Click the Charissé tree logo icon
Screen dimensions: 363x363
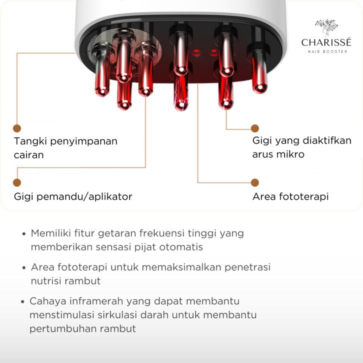click(326, 28)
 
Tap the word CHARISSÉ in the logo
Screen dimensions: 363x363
click(326, 43)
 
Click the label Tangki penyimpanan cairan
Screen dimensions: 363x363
click(65, 147)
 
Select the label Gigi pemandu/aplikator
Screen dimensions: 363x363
click(73, 196)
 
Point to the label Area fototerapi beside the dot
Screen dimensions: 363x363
click(290, 196)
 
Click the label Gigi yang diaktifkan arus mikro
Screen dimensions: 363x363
click(301, 147)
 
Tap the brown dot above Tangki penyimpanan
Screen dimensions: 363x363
click(17, 128)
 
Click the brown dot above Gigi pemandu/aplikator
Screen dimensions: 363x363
click(17, 183)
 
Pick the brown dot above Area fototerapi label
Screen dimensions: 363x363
click(255, 182)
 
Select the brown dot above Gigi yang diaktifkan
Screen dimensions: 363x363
click(255, 128)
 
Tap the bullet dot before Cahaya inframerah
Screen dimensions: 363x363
click(23, 302)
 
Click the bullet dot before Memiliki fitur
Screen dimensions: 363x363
click(24, 234)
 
